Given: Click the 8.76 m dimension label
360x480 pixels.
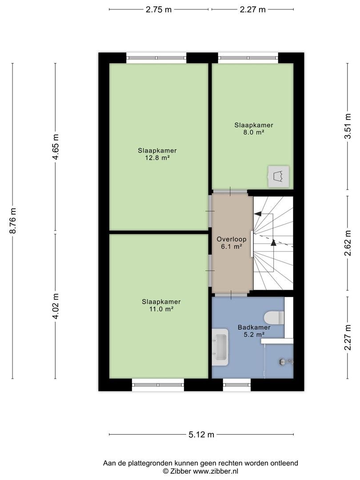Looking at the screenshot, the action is point(13,221).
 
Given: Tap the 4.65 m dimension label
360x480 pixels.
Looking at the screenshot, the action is point(56,147).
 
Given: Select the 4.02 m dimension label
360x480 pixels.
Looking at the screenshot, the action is point(56,306).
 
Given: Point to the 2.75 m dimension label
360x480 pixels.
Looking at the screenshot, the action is point(159,9).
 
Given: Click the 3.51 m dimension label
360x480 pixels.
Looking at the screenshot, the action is point(348,126).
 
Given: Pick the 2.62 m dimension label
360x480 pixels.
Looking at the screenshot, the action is point(348,243).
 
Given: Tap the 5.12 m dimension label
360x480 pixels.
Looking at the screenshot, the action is point(201,434).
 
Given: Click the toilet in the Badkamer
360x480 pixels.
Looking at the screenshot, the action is point(274,317).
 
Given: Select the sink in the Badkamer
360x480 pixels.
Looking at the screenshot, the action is point(220,347).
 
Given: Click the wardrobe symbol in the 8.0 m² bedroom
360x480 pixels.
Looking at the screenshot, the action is point(279,176).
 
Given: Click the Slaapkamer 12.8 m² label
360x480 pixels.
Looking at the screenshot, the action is point(157,154).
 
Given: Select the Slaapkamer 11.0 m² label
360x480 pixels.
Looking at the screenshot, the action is point(161,305).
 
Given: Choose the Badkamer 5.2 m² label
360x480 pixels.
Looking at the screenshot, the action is point(254,331).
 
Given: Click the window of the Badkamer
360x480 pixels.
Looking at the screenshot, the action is point(236,385).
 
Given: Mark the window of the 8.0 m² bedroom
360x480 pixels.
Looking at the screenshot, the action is point(248,58).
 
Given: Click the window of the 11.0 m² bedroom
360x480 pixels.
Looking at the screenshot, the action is point(158,385).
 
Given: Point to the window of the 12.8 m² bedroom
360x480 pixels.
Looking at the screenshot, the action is point(156,58).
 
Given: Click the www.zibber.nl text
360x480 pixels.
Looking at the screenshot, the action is point(215,472).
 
